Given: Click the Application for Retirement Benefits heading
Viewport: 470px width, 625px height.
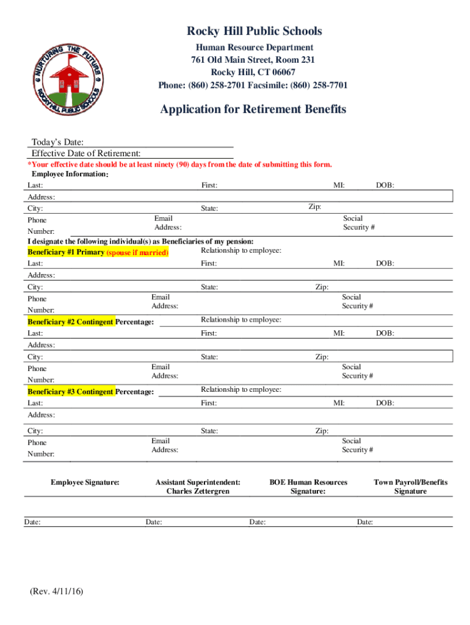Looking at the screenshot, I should point(253,109).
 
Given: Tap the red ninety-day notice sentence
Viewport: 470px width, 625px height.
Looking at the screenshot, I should point(180,165).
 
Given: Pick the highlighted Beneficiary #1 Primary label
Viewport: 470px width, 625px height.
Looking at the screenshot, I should point(67,252).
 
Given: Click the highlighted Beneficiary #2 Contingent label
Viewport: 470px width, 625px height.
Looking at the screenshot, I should point(71,322).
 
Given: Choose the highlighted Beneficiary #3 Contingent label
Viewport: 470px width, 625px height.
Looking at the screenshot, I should point(71,392).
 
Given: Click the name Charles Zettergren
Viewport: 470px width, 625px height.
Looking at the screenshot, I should point(198,491).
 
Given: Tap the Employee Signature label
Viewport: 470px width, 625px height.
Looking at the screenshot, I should point(85,482).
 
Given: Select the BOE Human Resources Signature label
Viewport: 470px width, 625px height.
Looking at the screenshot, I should point(308,486).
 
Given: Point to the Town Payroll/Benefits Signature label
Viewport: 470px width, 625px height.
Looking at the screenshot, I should point(410,486).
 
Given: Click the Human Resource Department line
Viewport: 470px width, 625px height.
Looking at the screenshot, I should point(254,48).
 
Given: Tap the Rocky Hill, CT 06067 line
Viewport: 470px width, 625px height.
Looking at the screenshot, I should point(253,72).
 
